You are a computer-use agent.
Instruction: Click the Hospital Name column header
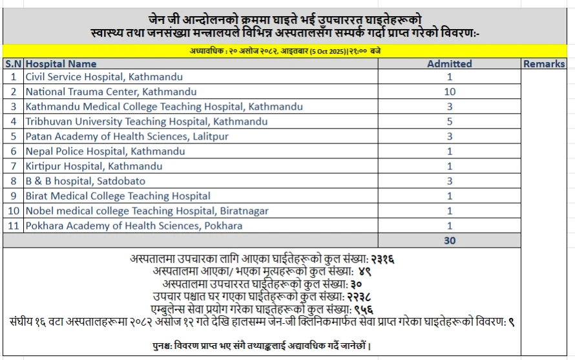click(61, 64)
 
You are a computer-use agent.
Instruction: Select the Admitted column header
click(450, 64)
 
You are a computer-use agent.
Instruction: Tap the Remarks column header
click(544, 64)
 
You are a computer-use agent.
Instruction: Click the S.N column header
click(13, 64)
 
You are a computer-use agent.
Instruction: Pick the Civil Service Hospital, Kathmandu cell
click(90, 77)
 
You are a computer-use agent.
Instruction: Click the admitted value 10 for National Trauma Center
click(450, 92)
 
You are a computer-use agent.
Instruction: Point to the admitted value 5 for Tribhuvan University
click(450, 122)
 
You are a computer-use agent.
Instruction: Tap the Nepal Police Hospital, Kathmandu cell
click(105, 151)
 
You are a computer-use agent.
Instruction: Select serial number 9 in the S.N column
click(13, 196)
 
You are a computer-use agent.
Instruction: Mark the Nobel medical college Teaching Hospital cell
click(147, 211)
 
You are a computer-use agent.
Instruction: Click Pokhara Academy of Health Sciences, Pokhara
click(134, 226)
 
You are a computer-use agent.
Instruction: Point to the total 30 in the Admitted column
click(450, 240)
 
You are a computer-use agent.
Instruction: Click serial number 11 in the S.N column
click(13, 226)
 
